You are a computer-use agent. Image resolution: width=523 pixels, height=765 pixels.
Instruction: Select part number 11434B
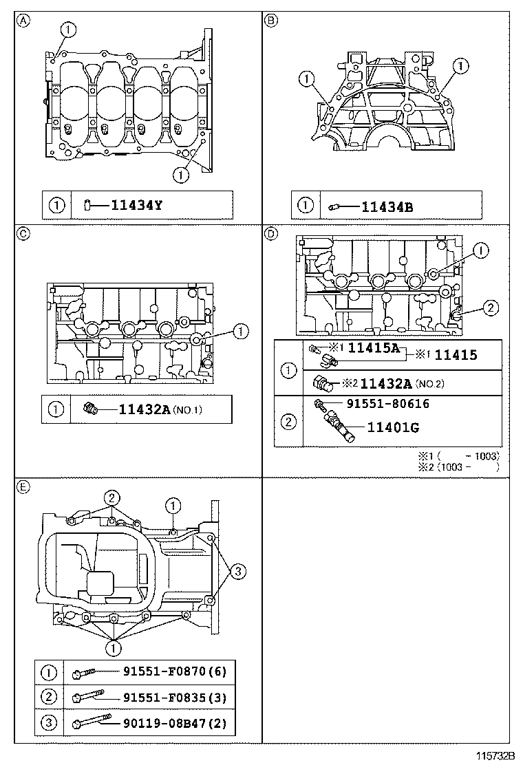387,205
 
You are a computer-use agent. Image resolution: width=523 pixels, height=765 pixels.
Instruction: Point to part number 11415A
373,348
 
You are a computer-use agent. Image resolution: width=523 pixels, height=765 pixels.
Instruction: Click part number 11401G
393,428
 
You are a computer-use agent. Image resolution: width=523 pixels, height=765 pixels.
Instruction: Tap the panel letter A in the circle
23,21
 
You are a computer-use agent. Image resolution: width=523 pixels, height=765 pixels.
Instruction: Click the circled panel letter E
23,486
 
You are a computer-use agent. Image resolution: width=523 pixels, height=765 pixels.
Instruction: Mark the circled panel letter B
271,21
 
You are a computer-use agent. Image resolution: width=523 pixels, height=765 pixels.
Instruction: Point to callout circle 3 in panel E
236,570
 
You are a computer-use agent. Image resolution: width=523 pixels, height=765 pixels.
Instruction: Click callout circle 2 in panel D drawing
488,308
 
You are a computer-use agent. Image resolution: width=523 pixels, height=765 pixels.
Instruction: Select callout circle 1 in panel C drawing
239,332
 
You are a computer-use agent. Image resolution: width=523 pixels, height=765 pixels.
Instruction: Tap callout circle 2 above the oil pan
111,497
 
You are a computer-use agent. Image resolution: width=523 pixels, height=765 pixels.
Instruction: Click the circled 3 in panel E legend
49,723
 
